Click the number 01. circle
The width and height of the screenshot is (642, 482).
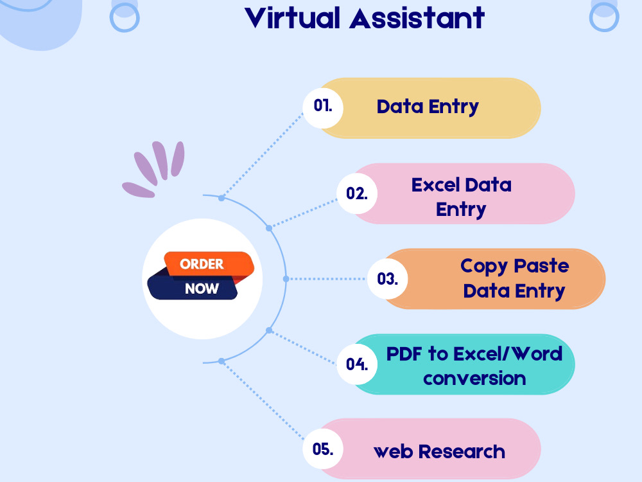(x=323, y=108)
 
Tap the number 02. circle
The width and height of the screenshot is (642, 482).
(x=356, y=193)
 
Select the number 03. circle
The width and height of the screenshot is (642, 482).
(x=387, y=279)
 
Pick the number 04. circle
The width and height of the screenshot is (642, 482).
(x=356, y=364)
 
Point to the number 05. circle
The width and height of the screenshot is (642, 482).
(x=323, y=449)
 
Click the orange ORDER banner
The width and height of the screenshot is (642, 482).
(x=209, y=263)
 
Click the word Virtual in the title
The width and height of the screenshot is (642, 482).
(x=292, y=18)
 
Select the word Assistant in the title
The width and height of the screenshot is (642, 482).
(x=417, y=18)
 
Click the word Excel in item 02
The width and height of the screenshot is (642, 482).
(x=436, y=185)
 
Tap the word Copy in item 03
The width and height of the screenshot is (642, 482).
(x=484, y=267)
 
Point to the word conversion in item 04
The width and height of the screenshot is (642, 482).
(x=474, y=379)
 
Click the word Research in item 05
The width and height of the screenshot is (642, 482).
(x=462, y=452)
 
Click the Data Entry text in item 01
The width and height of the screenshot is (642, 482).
(x=428, y=107)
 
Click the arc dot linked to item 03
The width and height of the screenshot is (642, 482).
(x=286, y=279)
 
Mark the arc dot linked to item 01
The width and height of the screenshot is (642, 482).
(x=221, y=198)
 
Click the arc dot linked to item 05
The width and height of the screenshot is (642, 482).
(x=221, y=361)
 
